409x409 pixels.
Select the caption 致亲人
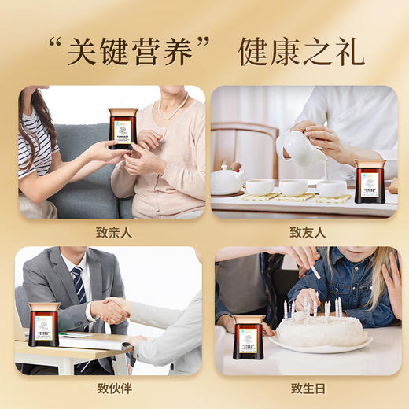point(111,232)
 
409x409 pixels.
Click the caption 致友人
point(307,232)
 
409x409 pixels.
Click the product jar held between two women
point(122,128)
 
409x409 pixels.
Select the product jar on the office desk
point(44,325)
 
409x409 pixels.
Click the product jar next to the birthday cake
point(249,337)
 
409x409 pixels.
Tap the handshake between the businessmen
point(112,309)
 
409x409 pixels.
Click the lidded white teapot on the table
point(227,179)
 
